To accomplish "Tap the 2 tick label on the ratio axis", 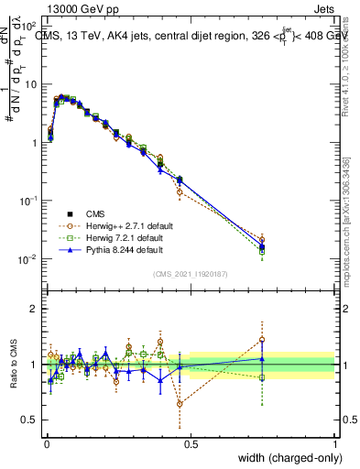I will pos(34,309).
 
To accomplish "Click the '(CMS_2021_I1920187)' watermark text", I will pos(190,273).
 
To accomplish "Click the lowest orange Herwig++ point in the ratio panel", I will pos(180,403).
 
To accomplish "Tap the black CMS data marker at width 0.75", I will pos(262,246).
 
